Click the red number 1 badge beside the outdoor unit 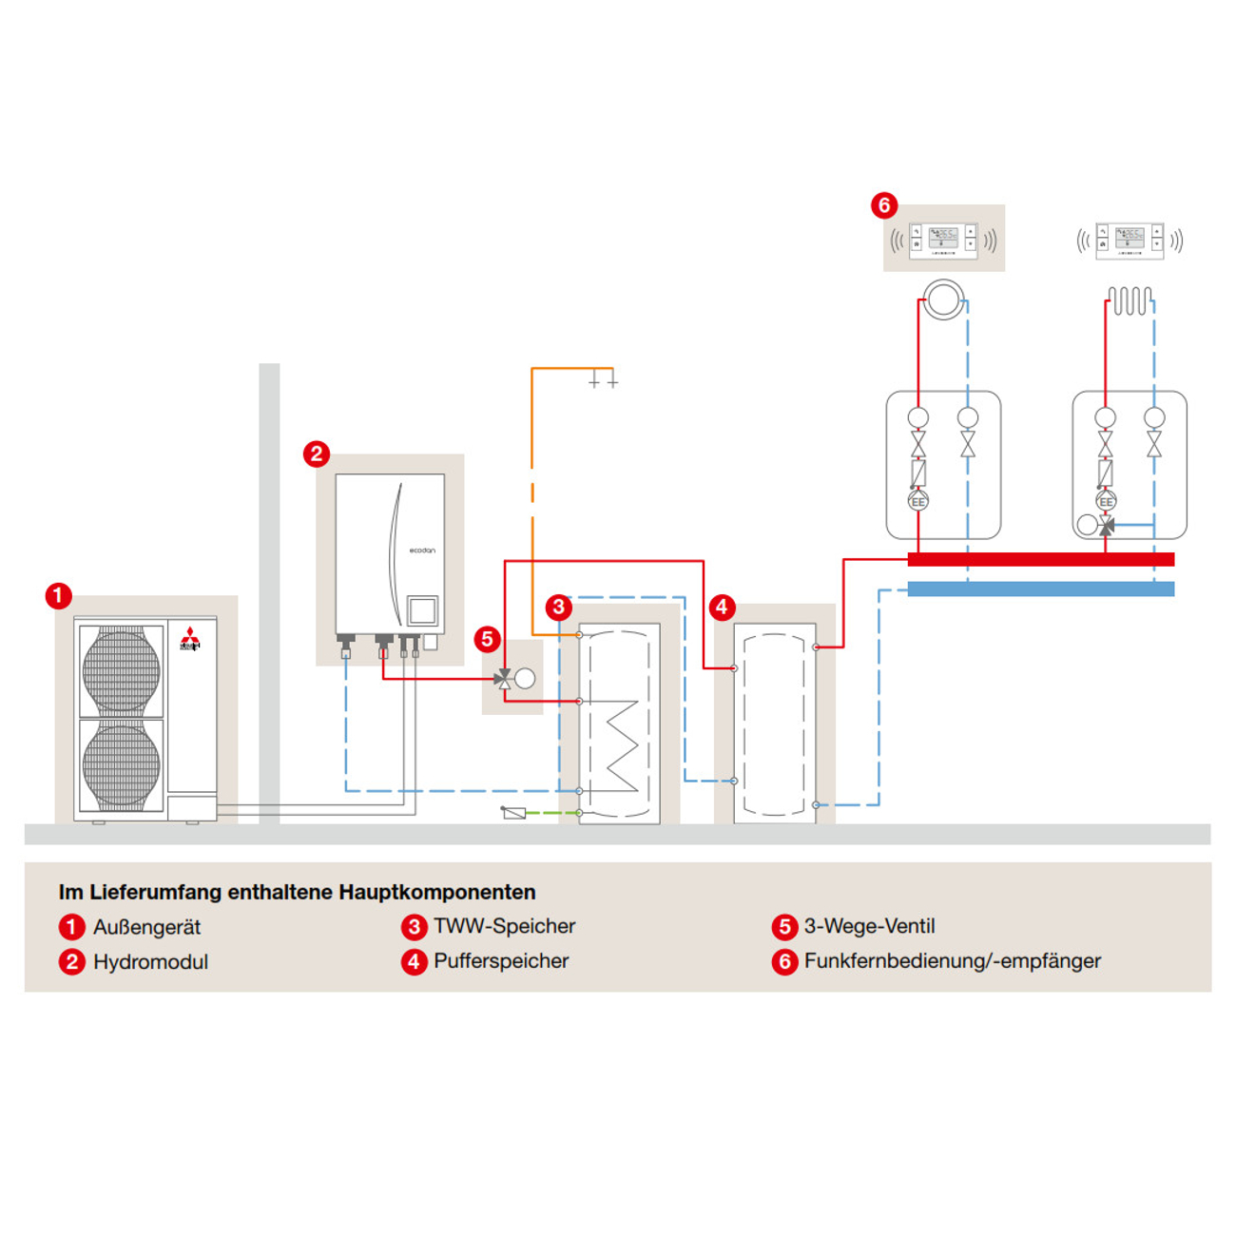pos(58,596)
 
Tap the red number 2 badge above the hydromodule pos(317,454)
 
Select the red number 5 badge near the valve pos(487,639)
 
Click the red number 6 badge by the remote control pos(883,204)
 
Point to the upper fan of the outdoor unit pos(121,669)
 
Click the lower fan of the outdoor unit pos(121,763)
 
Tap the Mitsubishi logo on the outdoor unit pos(190,639)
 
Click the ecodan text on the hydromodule pos(422,550)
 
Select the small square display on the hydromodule pos(422,609)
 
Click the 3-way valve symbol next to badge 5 pos(504,678)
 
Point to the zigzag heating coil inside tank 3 pos(621,746)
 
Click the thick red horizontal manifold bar pos(1040,559)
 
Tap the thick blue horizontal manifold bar pos(1040,589)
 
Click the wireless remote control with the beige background pos(942,240)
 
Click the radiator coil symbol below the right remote pos(1130,301)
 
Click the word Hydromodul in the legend pos(150,961)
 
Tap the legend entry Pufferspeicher pos(501,961)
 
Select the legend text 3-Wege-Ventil pos(869,926)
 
